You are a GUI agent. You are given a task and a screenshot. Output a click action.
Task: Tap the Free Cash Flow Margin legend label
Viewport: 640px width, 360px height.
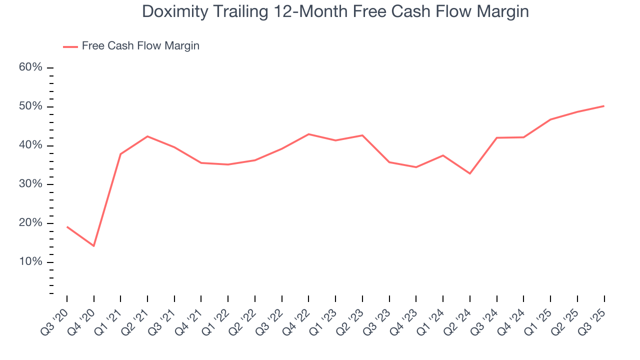[140, 46]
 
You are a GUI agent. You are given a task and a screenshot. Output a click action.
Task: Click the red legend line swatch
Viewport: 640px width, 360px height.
[70, 46]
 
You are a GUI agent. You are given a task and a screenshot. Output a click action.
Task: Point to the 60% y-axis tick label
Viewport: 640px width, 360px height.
[30, 67]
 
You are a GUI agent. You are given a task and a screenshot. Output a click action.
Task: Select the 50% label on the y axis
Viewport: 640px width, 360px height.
[30, 106]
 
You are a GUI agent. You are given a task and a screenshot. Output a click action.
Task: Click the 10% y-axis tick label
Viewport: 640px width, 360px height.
[30, 262]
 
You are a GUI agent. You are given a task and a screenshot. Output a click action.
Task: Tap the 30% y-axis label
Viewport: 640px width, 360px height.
[30, 184]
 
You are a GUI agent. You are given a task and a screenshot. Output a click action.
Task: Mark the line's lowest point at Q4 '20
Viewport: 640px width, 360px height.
[93, 246]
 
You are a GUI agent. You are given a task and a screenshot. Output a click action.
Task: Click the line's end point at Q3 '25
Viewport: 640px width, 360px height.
[604, 106]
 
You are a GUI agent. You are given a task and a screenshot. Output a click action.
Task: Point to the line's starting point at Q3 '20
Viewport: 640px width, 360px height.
[67, 227]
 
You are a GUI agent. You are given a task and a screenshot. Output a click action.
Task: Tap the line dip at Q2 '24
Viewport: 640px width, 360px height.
[470, 173]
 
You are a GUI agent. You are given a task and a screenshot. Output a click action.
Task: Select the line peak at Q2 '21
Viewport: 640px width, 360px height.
[147, 136]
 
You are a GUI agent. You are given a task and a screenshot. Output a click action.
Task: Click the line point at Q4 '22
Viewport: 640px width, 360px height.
[308, 134]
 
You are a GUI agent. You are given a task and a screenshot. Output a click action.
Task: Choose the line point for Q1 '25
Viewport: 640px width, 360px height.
[550, 119]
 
